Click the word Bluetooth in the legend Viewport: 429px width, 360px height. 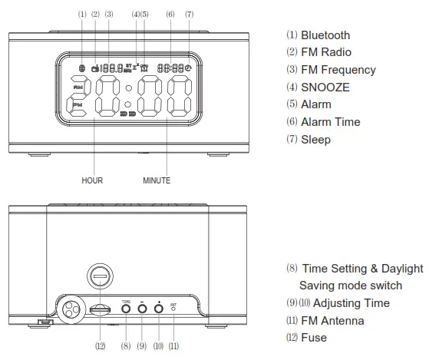pyautogui.click(x=325, y=35)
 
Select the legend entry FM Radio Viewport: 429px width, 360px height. pyautogui.click(x=325, y=52)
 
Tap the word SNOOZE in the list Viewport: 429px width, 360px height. pyautogui.click(x=325, y=87)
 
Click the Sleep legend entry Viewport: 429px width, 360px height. pyautogui.click(x=315, y=139)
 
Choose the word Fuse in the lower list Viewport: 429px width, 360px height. pyautogui.click(x=313, y=337)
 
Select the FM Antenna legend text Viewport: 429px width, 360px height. pyautogui.click(x=332, y=320)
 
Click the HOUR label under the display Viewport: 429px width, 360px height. pyautogui.click(x=92, y=180)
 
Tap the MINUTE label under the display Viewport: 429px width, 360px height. pyautogui.click(x=157, y=180)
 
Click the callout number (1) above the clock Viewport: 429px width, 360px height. pyautogui.click(x=82, y=15)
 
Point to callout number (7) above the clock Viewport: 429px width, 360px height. pyautogui.click(x=189, y=15)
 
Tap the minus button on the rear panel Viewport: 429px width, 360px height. pyautogui.click(x=142, y=309)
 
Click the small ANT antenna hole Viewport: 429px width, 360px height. pyautogui.click(x=173, y=309)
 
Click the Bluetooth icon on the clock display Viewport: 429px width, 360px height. pyautogui.click(x=82, y=68)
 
